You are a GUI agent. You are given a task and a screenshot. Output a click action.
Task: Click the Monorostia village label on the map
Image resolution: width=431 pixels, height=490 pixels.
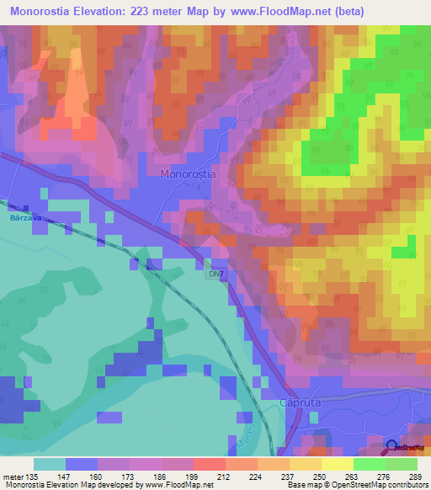pos(188,173)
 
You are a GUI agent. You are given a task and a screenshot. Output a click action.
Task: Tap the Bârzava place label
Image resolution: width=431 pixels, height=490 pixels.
pos(25,216)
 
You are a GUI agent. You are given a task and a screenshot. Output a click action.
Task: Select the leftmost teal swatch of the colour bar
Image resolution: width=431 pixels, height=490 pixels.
pos(49,464)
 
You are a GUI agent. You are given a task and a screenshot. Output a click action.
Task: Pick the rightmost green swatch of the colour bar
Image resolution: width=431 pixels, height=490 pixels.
pos(402,464)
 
